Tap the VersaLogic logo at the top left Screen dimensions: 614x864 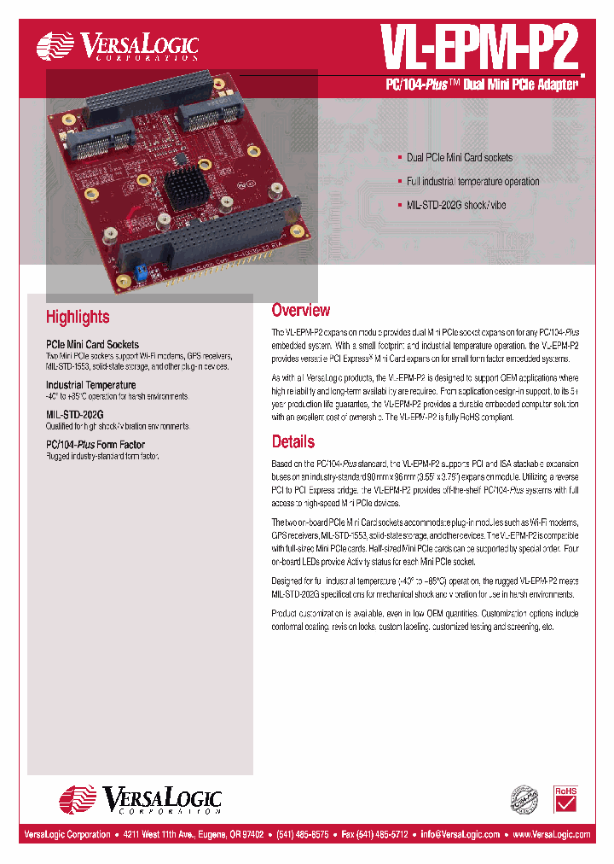coord(118,46)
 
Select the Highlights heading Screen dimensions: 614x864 coord(78,317)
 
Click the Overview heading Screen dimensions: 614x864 coord(300,310)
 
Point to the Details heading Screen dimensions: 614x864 coord(293,441)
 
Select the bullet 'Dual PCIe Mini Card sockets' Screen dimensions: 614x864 coord(459,158)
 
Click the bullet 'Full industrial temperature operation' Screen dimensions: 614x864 coord(472,182)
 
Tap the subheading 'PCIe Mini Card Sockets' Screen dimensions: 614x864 coord(92,345)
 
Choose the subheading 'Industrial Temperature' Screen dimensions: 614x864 coord(90,385)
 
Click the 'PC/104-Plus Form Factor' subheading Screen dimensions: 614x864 coord(96,445)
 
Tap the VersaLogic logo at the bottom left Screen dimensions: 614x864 coord(140,800)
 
